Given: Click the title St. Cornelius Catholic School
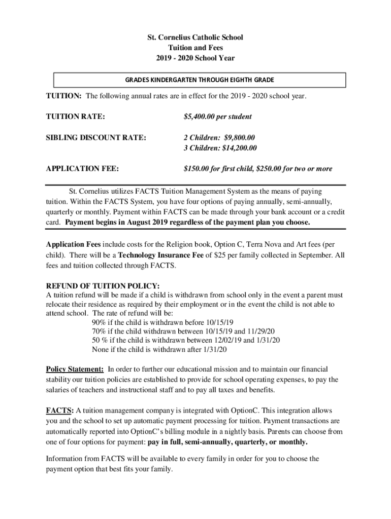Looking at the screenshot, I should click(x=195, y=38).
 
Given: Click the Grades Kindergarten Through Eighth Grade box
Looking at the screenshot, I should click(x=200, y=80).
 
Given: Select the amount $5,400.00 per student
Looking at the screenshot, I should click(x=217, y=117).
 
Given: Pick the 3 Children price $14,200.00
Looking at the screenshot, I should click(x=239, y=148).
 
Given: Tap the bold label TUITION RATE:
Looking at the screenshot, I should click(x=76, y=117).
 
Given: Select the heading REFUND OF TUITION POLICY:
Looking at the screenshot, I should click(x=103, y=285).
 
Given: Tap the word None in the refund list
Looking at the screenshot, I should click(x=101, y=349).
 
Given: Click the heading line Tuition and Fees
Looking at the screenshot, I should click(x=195, y=48).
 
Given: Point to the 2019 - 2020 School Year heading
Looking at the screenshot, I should click(x=195, y=58).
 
